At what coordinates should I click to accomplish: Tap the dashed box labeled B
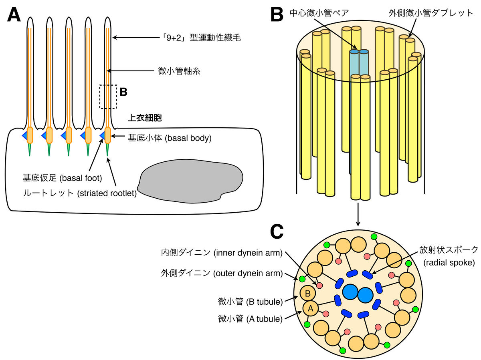coord(108,97)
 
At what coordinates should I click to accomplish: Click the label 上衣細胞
coord(144,118)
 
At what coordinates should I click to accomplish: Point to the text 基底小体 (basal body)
coord(169,138)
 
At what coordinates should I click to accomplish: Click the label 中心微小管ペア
coord(319,13)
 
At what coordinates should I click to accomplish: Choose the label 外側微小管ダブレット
coord(431,13)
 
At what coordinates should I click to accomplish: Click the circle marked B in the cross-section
coord(307,293)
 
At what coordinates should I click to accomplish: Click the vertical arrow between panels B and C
coord(358,213)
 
